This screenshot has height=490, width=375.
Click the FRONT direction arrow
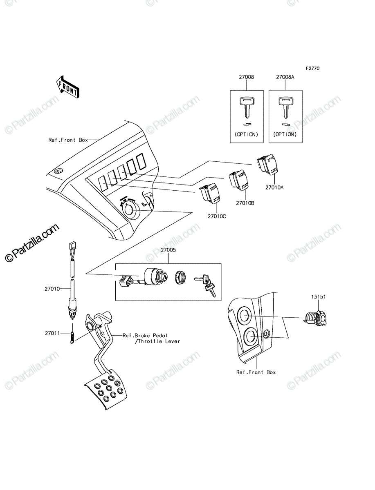pyautogui.click(x=68, y=87)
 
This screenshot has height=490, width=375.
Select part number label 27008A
pyautogui.click(x=285, y=77)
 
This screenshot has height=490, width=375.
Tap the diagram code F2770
pyautogui.click(x=313, y=68)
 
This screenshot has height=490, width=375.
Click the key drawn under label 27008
pyautogui.click(x=247, y=108)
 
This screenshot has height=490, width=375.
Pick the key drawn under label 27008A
pyautogui.click(x=285, y=108)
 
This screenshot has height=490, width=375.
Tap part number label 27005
pyautogui.click(x=168, y=250)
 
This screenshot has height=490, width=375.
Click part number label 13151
pyautogui.click(x=319, y=297)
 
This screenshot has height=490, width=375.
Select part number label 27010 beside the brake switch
pyautogui.click(x=52, y=289)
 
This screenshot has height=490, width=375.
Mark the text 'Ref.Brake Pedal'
pyautogui.click(x=145, y=336)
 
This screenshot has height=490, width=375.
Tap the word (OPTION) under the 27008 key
pyautogui.click(x=246, y=134)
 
